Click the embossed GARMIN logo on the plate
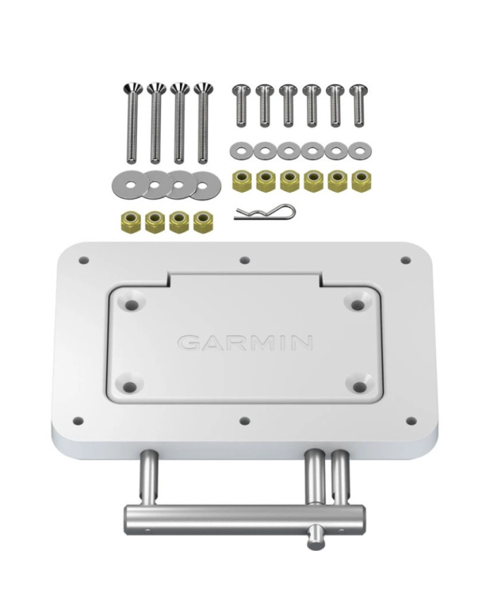click(245, 342)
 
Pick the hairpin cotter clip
click(265, 212)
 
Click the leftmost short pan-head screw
click(241, 105)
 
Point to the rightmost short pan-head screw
click(359, 105)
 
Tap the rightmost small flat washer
click(360, 150)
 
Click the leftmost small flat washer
click(241, 150)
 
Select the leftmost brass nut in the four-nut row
click(130, 221)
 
